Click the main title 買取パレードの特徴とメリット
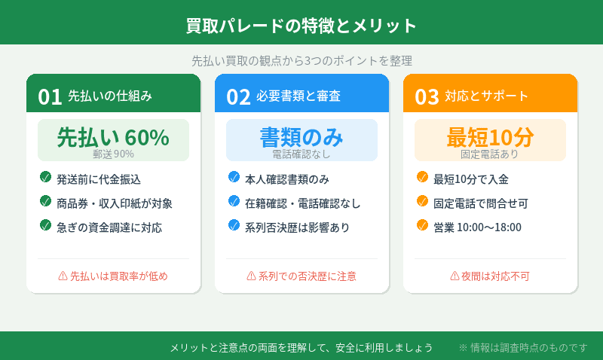point(301,26)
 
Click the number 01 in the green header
point(50,96)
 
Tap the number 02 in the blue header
point(238,96)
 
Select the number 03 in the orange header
point(427,96)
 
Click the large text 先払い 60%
point(113,137)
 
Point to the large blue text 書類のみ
point(301,137)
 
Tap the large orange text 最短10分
point(490,137)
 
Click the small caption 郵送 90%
point(113,154)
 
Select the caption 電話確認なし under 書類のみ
point(301,154)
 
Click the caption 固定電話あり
point(490,154)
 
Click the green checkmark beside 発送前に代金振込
point(45,178)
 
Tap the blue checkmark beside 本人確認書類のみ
point(234,178)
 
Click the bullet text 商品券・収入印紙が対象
point(115,203)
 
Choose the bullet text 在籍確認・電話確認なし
point(303,203)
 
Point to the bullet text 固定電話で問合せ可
point(481,203)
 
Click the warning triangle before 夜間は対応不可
point(455,276)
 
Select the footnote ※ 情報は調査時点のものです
point(523,347)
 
